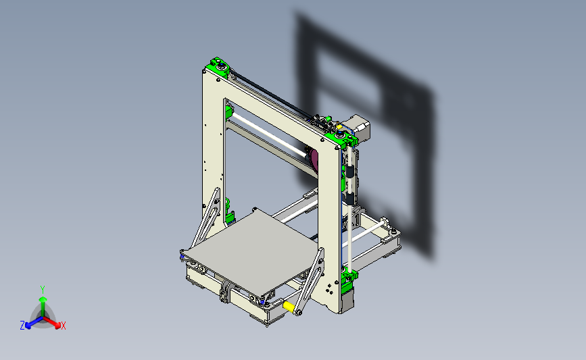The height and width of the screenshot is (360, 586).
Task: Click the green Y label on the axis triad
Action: [x=42, y=288]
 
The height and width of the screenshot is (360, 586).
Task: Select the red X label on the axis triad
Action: [x=64, y=326]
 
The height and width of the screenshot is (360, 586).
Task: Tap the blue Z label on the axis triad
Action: [x=22, y=326]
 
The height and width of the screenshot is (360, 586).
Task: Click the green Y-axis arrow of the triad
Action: [x=42, y=301]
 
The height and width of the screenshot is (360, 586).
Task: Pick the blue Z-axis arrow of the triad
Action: [x=30, y=322]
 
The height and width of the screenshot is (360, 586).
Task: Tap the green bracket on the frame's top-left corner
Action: [x=218, y=66]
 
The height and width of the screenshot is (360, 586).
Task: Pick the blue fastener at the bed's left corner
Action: [x=182, y=255]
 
